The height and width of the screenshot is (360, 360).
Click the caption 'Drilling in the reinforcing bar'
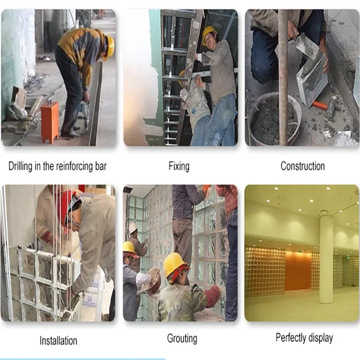click(x=57, y=166)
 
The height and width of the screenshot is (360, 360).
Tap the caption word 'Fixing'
click(x=179, y=166)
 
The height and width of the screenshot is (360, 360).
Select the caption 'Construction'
click(x=303, y=166)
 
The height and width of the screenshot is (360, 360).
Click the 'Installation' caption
click(x=58, y=340)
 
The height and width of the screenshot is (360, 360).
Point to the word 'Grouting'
click(x=182, y=339)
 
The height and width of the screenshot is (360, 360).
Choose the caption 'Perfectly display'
click(x=304, y=338)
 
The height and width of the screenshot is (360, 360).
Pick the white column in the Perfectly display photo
click(x=326, y=259)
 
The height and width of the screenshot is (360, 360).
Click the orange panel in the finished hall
click(x=298, y=271)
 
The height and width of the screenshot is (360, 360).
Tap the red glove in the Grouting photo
click(x=213, y=295)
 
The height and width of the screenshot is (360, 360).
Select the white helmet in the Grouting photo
click(x=133, y=227)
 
